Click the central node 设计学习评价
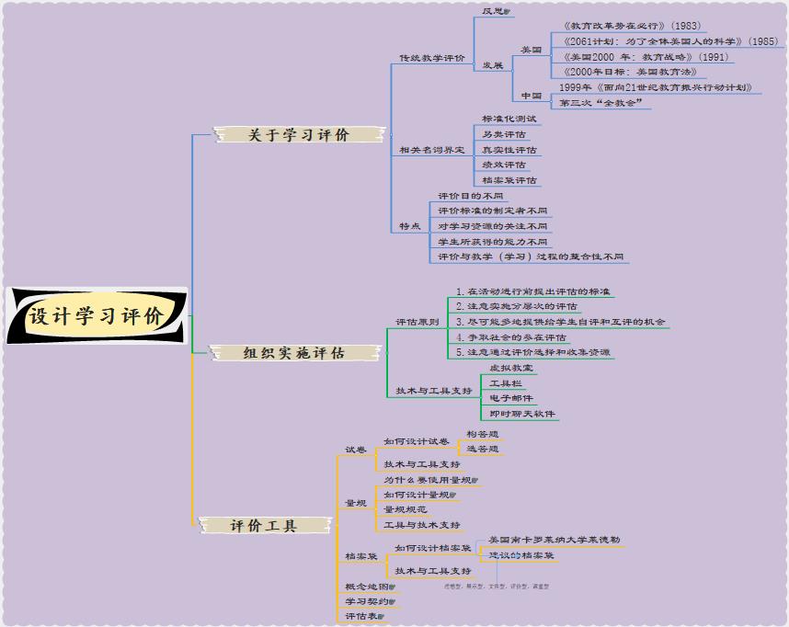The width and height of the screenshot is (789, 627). coord(96,317)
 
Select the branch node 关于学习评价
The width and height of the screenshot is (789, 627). coord(298,135)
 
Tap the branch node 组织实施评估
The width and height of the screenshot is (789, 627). coord(293,352)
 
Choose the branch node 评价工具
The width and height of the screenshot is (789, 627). coord(263,526)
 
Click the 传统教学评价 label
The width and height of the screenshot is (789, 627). coord(431,58)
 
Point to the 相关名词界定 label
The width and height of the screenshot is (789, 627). coord(431,150)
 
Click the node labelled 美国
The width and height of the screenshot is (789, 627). coord(531,50)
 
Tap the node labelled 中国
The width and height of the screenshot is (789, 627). coord(531,96)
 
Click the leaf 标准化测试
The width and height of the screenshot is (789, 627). coord(509,119)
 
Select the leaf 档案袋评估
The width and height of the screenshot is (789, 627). coord(509,180)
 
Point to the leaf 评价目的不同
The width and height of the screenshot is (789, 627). coord(471,196)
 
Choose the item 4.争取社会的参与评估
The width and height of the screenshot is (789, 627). coord(511,337)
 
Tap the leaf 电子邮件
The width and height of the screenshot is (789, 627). coord(510,398)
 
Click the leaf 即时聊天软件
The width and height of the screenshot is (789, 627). coord(521,414)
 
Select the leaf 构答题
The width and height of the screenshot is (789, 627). coord(482,434)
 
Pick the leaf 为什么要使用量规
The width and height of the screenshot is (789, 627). coord(429,480)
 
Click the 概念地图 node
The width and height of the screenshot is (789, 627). coord(367,587)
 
